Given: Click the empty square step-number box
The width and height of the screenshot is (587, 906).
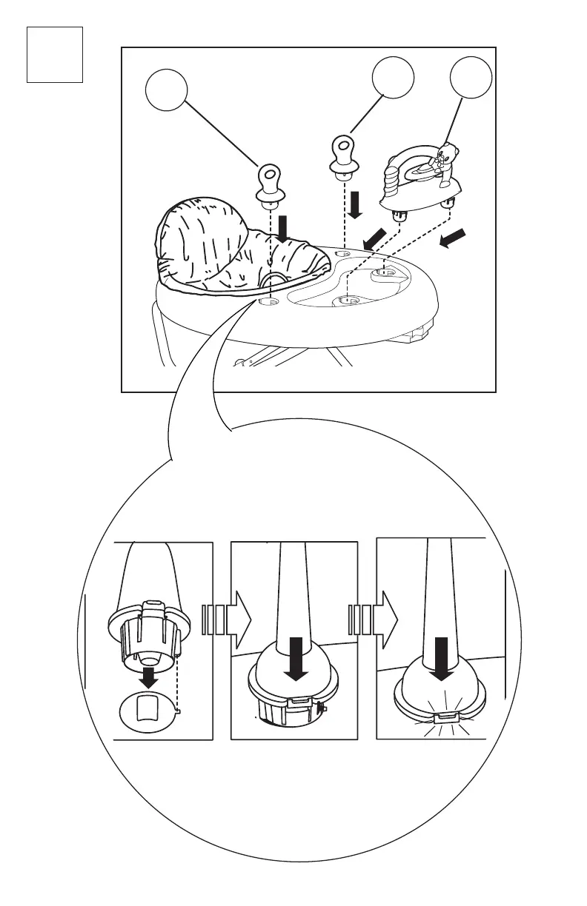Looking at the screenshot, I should [54, 54].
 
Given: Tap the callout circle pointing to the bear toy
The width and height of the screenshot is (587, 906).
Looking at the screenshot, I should [471, 79].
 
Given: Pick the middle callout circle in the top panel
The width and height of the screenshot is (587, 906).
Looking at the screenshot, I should [392, 79].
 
